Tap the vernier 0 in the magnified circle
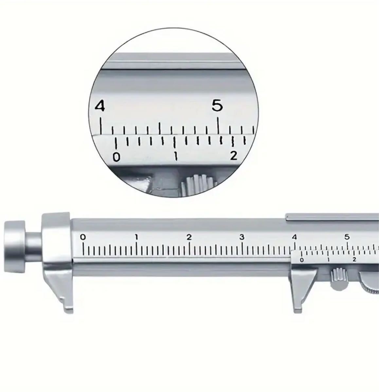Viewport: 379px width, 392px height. [x=117, y=157]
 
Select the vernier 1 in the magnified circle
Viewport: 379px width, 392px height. [x=176, y=156]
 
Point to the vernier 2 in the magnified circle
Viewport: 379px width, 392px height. [x=234, y=155]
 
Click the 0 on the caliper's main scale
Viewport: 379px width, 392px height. [x=83, y=237]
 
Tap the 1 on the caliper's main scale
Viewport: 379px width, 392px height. [x=136, y=237]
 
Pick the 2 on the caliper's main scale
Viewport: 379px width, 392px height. [x=189, y=237]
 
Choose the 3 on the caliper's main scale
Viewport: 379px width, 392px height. [x=242, y=237]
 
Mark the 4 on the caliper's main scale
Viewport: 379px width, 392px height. [x=295, y=237]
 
